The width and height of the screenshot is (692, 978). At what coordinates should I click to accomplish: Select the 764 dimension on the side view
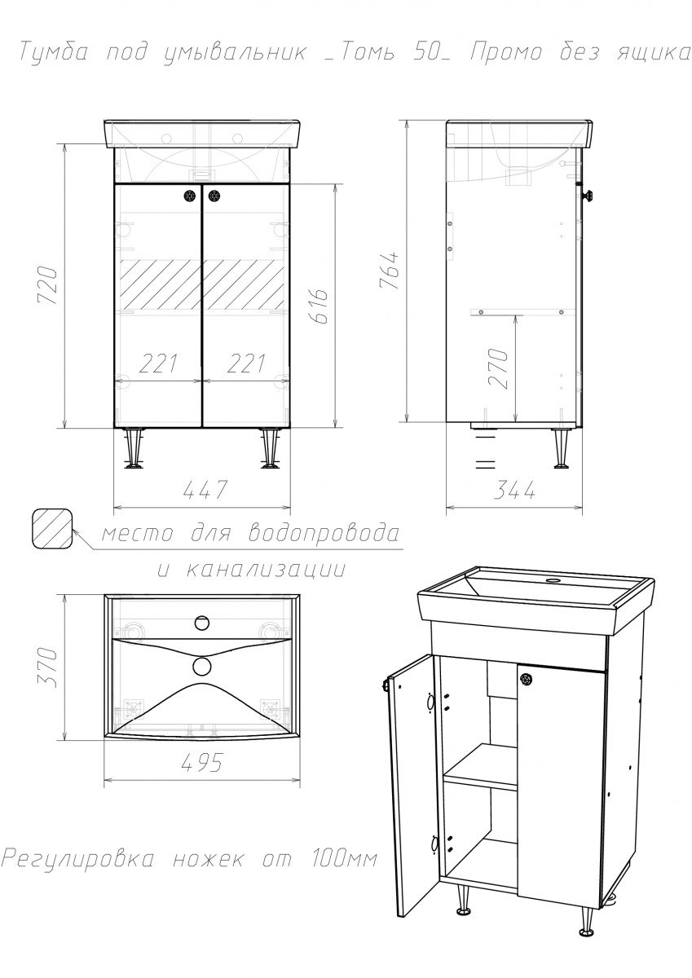[389, 270]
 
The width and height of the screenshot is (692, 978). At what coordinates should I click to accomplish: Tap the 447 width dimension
[205, 490]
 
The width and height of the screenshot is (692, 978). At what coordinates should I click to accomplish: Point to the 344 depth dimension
[514, 491]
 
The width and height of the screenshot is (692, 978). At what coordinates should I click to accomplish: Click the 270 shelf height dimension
[498, 368]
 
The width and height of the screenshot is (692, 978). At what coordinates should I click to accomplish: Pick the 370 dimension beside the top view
[47, 667]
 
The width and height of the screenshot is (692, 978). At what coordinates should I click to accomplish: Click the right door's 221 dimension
[247, 363]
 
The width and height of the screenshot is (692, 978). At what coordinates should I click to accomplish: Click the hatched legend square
[51, 529]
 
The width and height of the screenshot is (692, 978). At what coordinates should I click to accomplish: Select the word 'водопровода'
[324, 534]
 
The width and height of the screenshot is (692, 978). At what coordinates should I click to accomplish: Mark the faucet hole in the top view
[201, 623]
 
